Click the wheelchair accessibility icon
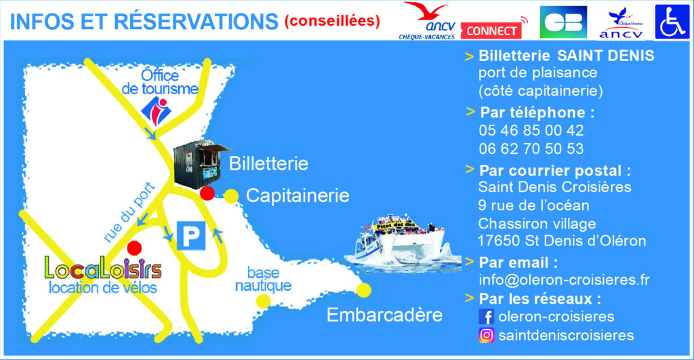[x=672, y=22]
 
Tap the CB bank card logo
[x=563, y=22]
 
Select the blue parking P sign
[x=191, y=235]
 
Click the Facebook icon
[x=486, y=317]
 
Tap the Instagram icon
[x=486, y=335]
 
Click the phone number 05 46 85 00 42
[x=531, y=130]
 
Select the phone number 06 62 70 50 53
[x=531, y=148]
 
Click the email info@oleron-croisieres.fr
[x=565, y=280]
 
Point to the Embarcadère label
[x=385, y=315]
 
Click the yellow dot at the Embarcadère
[x=364, y=290]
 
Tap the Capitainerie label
[x=298, y=195]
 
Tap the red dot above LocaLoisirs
[x=134, y=248]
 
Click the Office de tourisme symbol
[x=156, y=111]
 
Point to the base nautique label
[x=263, y=279]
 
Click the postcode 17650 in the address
[x=499, y=241]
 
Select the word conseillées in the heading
[x=332, y=21]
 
